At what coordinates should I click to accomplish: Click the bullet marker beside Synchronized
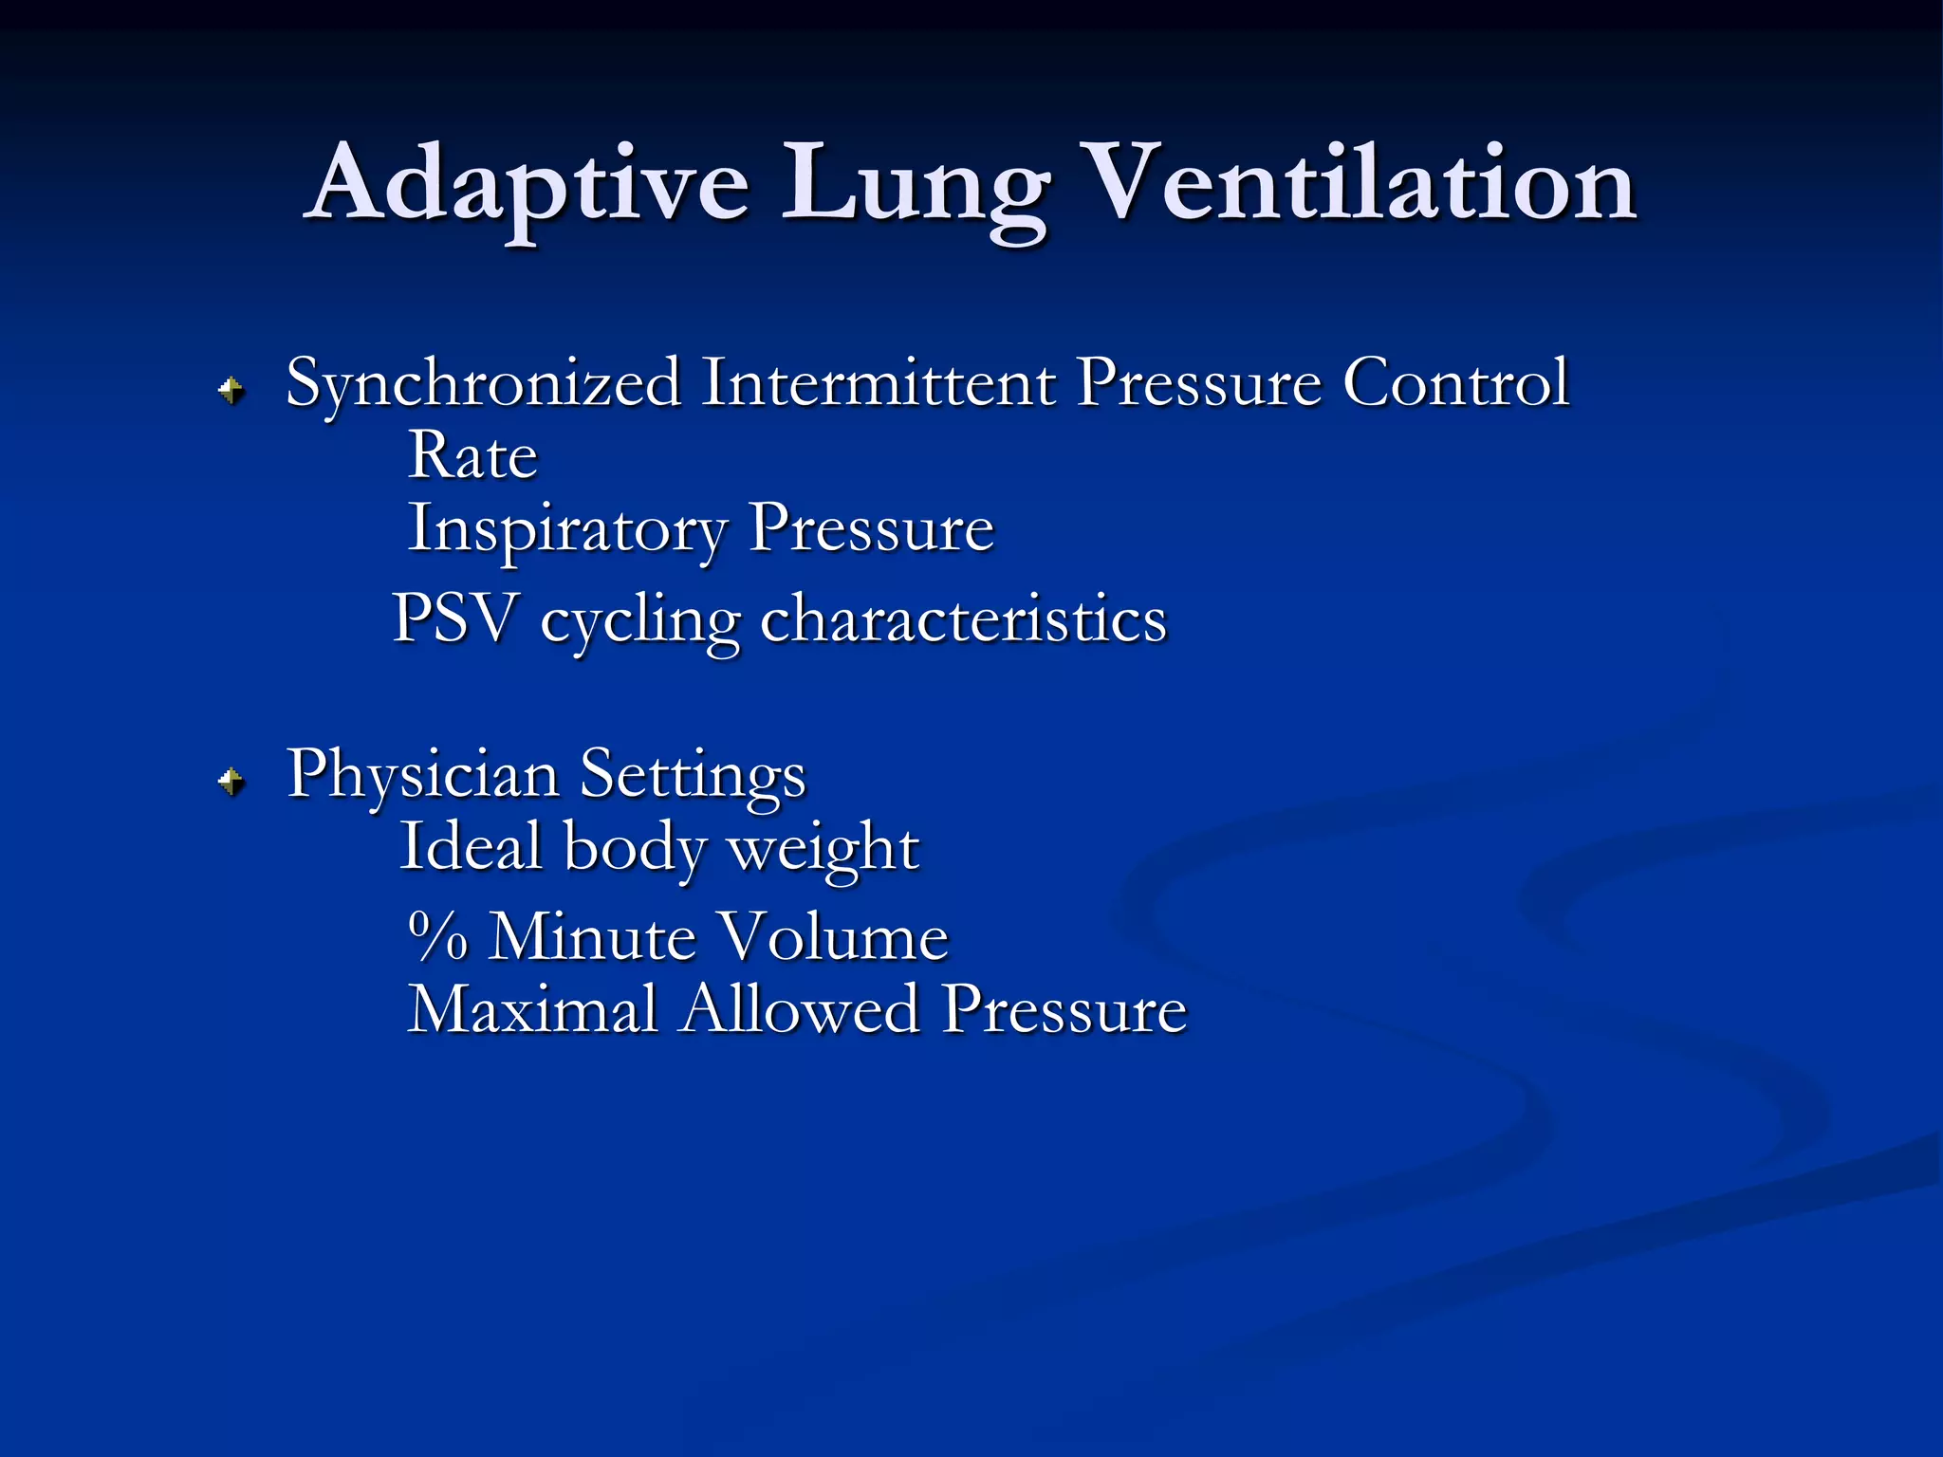[x=231, y=389]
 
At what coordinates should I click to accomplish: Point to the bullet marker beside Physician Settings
[x=231, y=782]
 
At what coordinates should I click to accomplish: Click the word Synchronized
[x=484, y=384]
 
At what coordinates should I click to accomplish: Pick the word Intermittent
[x=879, y=383]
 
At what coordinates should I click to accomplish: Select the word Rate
[x=472, y=456]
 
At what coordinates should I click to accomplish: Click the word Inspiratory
[x=566, y=529]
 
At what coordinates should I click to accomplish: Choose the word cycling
[x=640, y=621]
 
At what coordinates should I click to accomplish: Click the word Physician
[x=423, y=776]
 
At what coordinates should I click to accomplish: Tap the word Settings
[x=693, y=776]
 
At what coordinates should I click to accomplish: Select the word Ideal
[x=471, y=846]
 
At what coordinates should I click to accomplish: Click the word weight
[x=823, y=849]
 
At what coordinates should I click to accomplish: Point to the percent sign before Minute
[x=438, y=936]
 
